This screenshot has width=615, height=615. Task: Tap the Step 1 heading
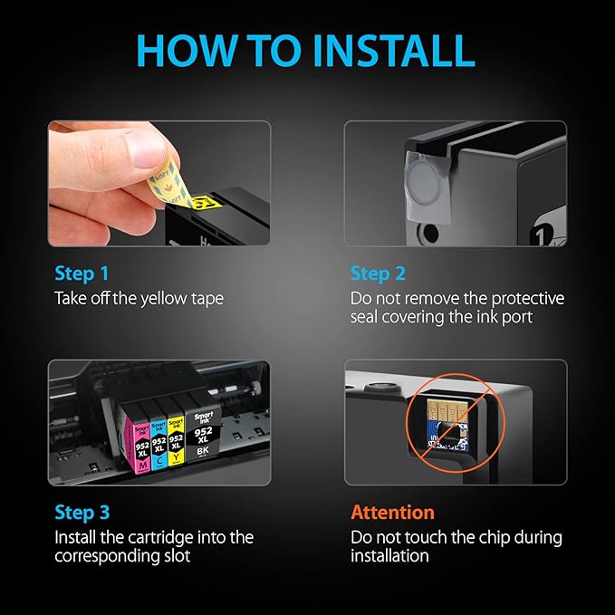pyautogui.click(x=82, y=274)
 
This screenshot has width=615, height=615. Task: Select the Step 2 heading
pyautogui.click(x=378, y=274)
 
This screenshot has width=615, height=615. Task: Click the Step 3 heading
pyautogui.click(x=82, y=513)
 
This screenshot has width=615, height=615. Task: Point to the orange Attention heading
pyautogui.click(x=392, y=513)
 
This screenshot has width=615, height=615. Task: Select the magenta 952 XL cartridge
pyautogui.click(x=138, y=443)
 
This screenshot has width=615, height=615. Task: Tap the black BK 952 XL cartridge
pyautogui.click(x=203, y=435)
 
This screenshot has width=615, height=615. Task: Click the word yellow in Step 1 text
pyautogui.click(x=164, y=299)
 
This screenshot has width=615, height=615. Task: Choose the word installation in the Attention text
pyautogui.click(x=389, y=556)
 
